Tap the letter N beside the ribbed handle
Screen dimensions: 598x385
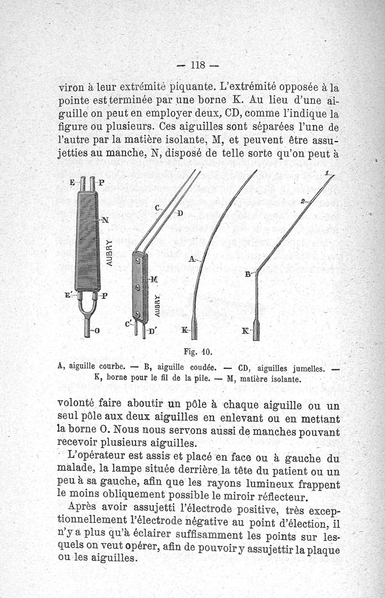(x=106, y=221)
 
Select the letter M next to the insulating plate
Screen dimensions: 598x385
(x=154, y=279)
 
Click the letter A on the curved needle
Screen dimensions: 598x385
(x=192, y=259)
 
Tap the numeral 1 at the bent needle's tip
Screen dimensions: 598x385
(x=327, y=173)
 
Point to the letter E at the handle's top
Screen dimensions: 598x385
(x=72, y=183)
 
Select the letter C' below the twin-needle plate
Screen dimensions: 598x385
(x=128, y=325)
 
